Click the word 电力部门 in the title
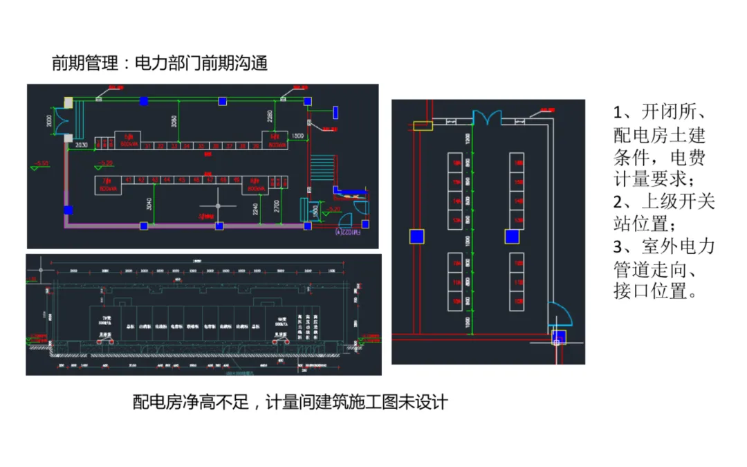point(158,64)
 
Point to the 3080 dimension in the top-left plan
point(174,122)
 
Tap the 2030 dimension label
point(81,145)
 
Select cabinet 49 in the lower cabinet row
point(237,181)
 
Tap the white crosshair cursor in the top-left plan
point(218,206)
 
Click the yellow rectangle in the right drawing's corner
point(421,125)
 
